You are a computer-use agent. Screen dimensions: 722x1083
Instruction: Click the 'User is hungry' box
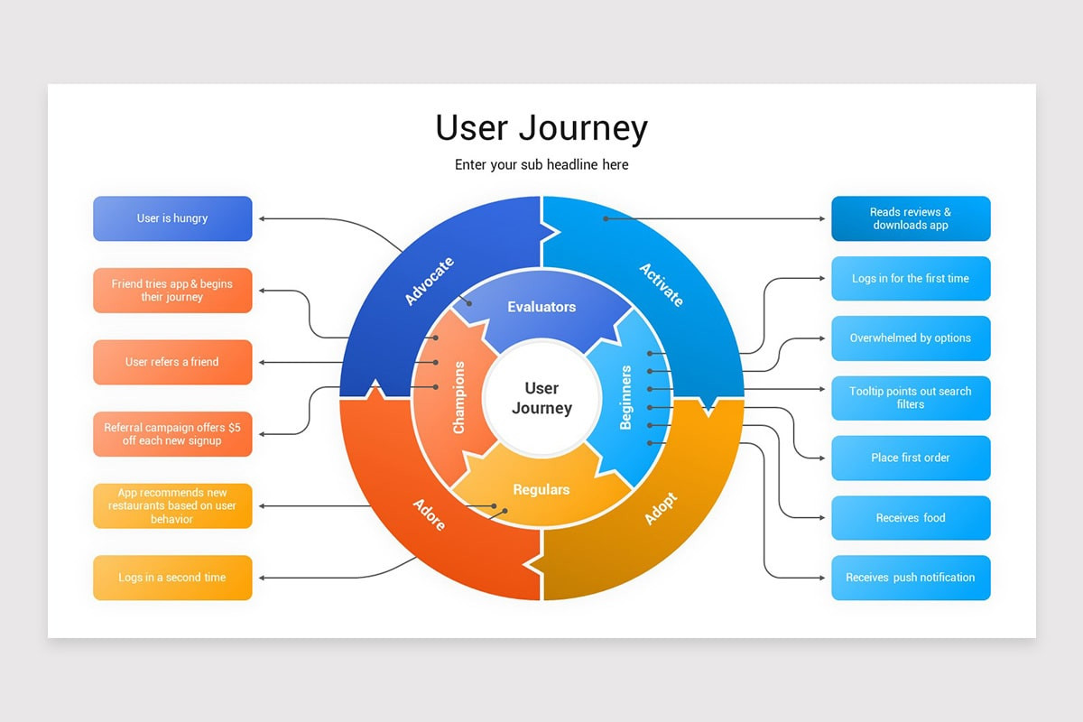(172, 218)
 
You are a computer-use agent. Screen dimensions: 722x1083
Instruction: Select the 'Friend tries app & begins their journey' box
(172, 291)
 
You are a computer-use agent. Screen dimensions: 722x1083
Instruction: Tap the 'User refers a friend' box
(172, 362)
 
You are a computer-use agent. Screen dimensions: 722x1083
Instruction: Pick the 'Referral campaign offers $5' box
(172, 434)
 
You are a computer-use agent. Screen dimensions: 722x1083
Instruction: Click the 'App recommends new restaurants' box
(172, 506)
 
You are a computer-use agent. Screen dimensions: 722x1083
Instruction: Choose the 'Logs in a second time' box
(172, 578)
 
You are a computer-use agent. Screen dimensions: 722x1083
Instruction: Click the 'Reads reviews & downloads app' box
(911, 218)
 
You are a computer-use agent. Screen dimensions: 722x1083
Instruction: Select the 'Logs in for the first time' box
(911, 279)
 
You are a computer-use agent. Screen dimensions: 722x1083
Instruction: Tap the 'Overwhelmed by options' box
(911, 338)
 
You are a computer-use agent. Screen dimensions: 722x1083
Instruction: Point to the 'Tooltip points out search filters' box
(911, 398)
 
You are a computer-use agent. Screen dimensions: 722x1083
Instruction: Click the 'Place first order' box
(911, 458)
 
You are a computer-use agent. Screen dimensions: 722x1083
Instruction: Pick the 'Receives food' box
(911, 518)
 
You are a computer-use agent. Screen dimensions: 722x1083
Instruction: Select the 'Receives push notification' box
(911, 578)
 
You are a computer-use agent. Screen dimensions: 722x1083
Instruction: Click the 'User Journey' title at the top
(541, 128)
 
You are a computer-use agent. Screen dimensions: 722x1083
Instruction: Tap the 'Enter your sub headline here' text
(541, 165)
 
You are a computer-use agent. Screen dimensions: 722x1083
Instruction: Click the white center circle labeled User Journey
(541, 398)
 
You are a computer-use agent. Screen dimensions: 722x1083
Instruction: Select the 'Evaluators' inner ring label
(541, 307)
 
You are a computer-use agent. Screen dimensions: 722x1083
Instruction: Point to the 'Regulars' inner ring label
(541, 490)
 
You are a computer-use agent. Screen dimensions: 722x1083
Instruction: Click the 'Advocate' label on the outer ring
(429, 282)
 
